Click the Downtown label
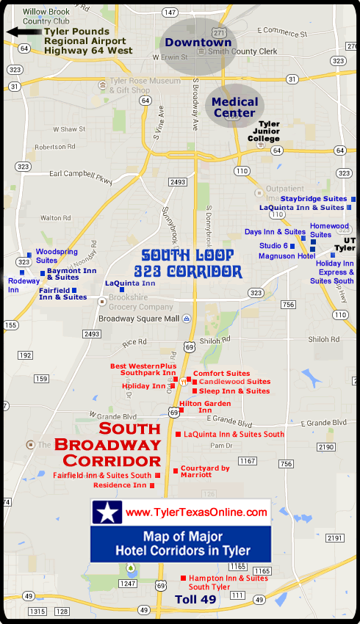(198, 43)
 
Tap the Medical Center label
(235, 107)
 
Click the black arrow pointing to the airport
(22, 32)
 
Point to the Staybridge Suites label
(313, 199)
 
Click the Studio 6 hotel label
(273, 244)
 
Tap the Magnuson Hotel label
(287, 256)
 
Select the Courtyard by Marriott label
(205, 471)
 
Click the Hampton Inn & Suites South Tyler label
(228, 582)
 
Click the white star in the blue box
(107, 512)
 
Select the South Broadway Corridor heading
(119, 444)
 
